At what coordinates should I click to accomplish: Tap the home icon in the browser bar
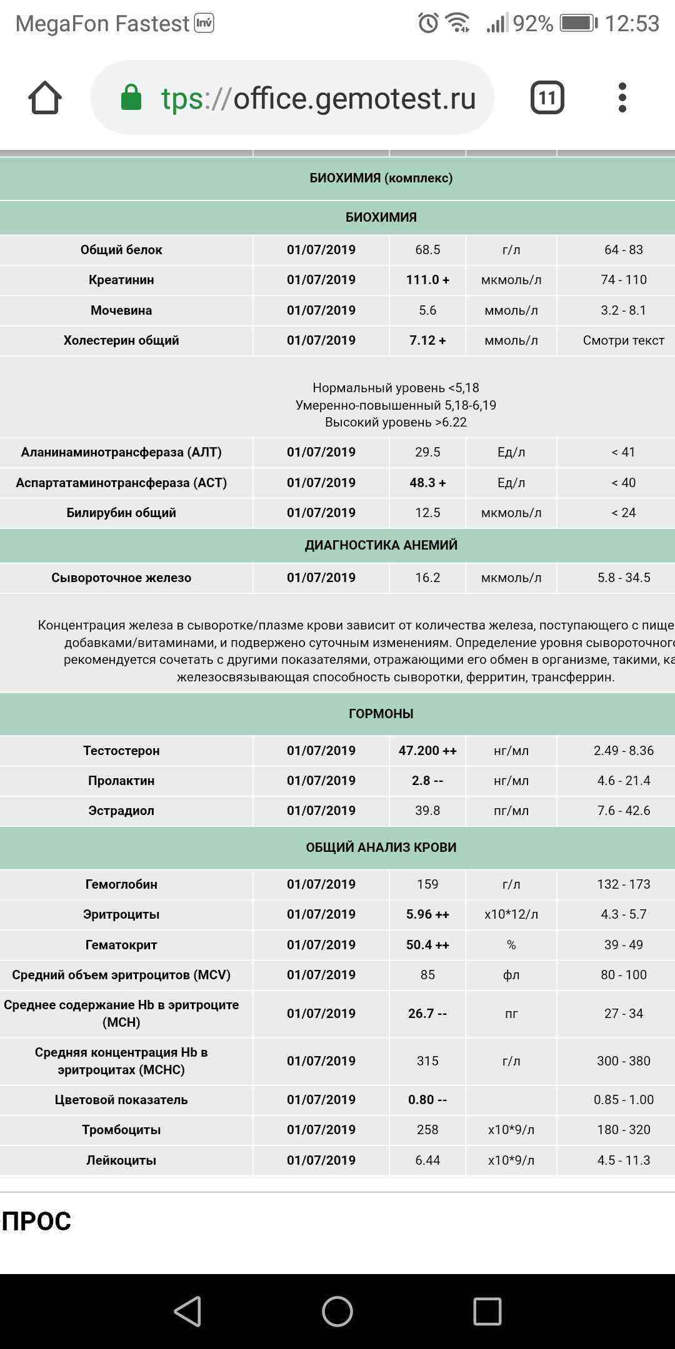tap(45, 98)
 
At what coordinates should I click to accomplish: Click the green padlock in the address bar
tap(131, 98)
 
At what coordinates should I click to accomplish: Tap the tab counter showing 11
tap(547, 98)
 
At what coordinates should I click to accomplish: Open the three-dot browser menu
tap(622, 98)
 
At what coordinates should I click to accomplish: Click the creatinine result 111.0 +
tap(427, 280)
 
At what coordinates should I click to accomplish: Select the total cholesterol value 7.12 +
tap(427, 340)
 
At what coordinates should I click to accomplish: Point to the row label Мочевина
tap(121, 310)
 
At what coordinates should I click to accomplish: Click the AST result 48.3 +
tap(427, 483)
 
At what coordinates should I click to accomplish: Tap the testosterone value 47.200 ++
tap(427, 751)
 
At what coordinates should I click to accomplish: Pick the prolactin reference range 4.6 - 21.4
tap(623, 781)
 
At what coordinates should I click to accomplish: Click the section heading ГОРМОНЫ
tap(381, 714)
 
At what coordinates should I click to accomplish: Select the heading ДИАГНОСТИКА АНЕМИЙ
tap(381, 545)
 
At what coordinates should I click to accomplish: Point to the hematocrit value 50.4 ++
tap(427, 945)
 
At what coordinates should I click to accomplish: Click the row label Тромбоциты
tap(121, 1130)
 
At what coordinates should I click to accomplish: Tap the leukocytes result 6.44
tap(427, 1160)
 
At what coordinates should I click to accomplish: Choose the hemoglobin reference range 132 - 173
tap(623, 884)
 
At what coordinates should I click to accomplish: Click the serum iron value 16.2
tap(427, 578)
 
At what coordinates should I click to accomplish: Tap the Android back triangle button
tap(187, 1311)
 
